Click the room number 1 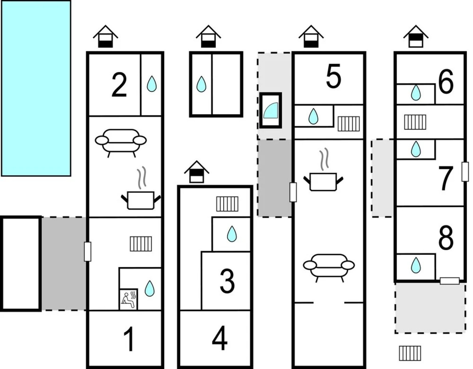129,339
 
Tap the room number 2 119,85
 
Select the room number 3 227,281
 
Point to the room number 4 219,339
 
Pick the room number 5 333,77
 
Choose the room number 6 446,82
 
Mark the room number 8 446,237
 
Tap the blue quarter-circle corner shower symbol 270,110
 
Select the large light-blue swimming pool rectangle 36,88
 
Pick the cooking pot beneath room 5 323,180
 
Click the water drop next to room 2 152,84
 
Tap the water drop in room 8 415,265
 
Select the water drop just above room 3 232,234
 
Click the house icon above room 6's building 416,37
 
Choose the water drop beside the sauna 149,288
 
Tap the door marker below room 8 449,281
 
